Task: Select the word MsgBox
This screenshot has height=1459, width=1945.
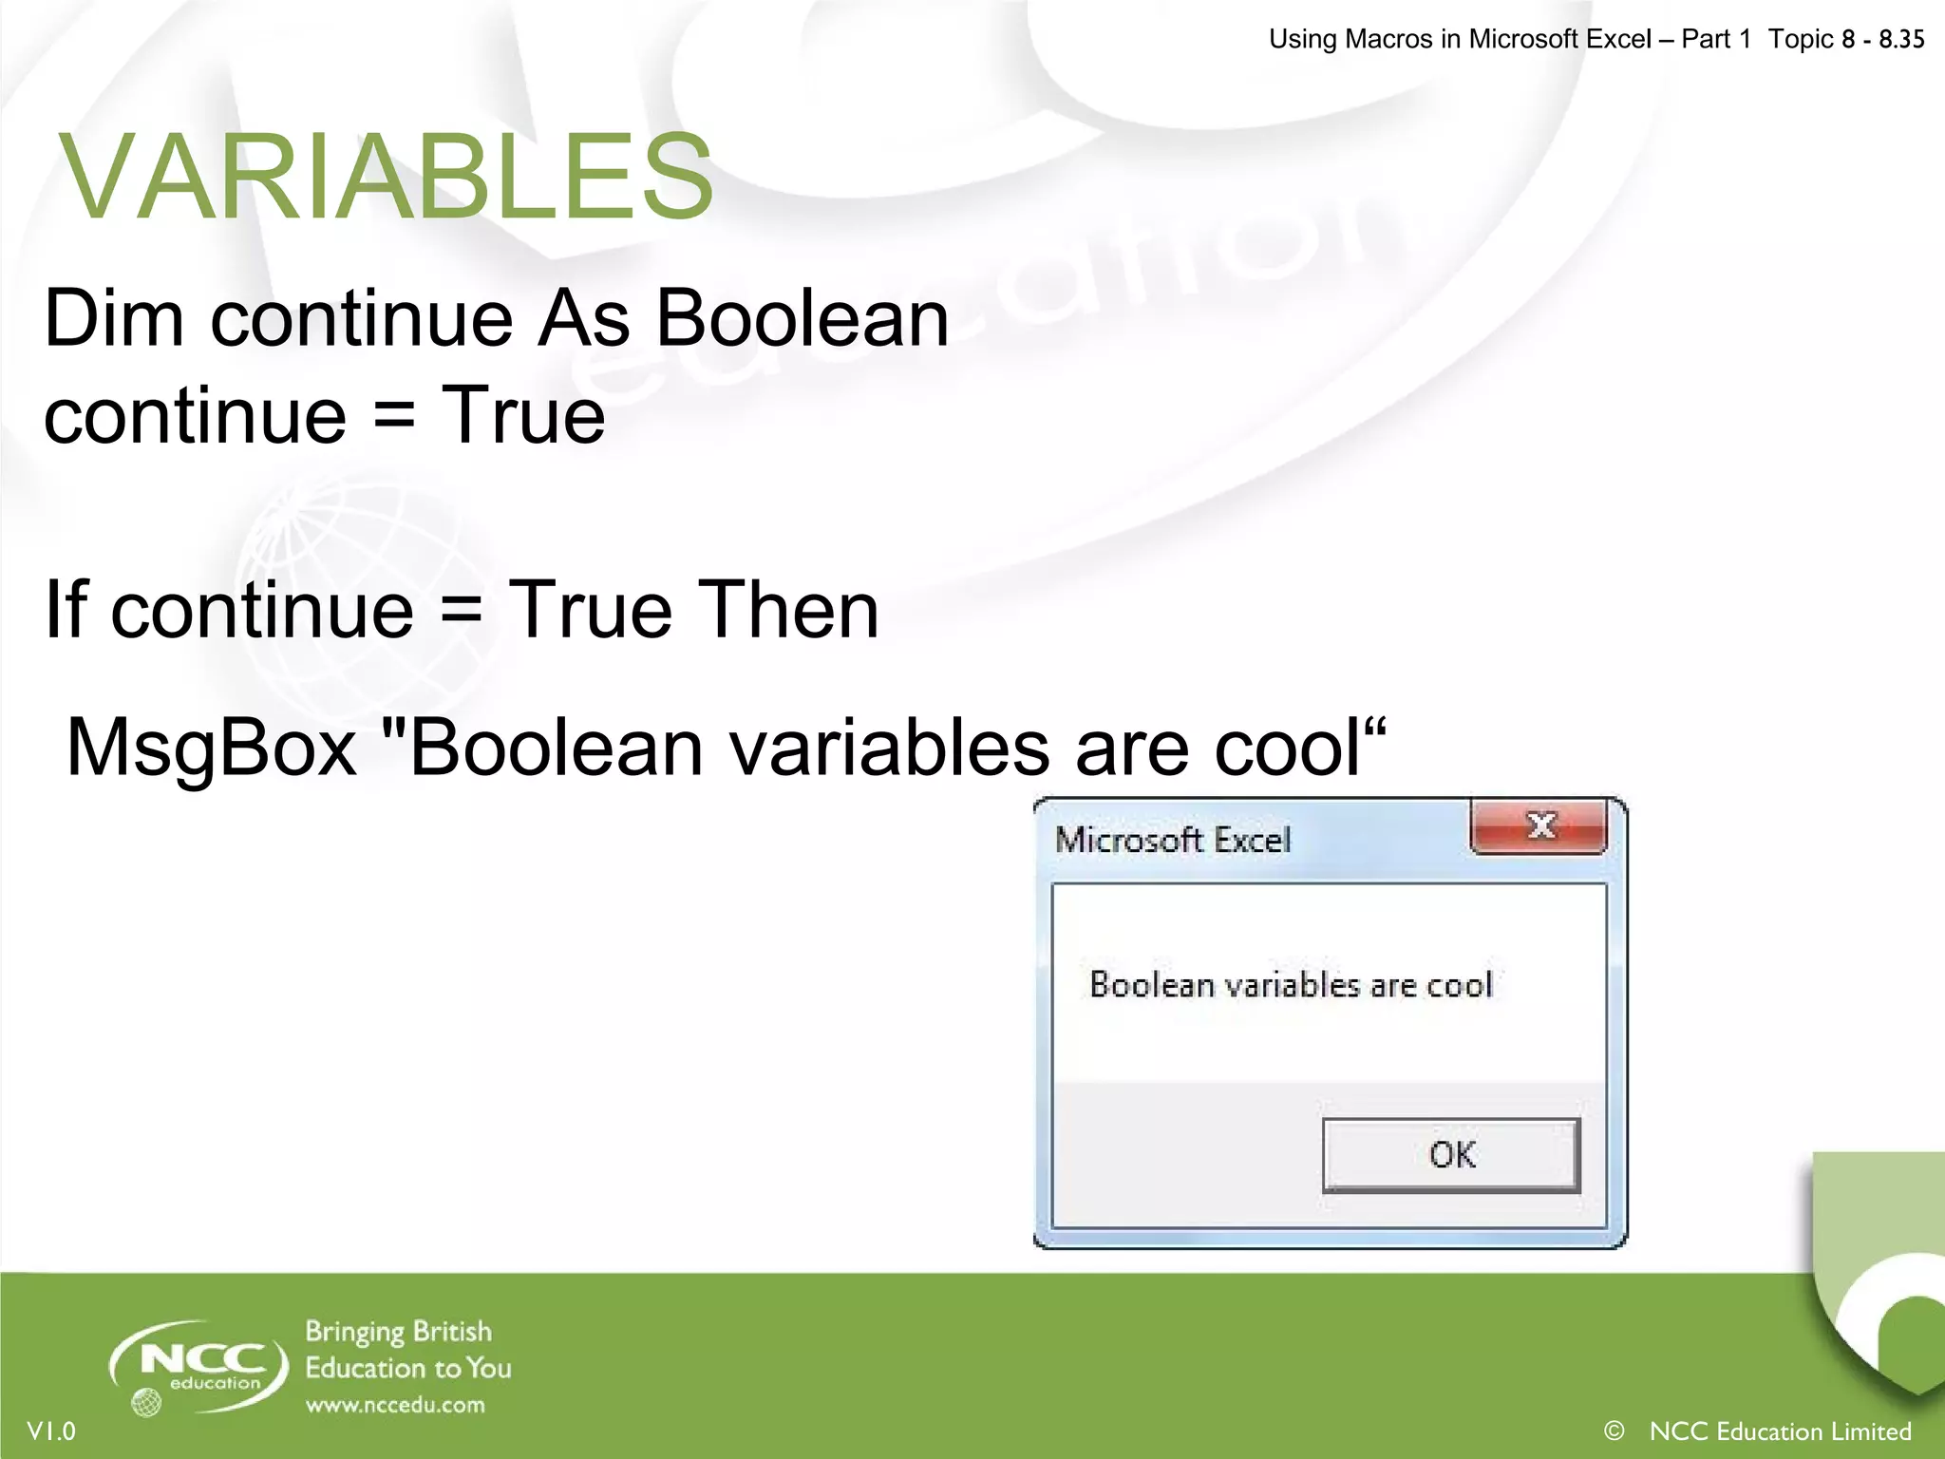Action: point(211,748)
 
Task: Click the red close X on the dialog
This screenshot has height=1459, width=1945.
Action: point(1539,825)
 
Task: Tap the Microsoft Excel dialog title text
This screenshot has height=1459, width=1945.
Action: point(1173,840)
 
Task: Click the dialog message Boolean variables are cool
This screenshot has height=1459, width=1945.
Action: point(1291,985)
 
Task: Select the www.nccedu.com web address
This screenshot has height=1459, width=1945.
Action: point(395,1405)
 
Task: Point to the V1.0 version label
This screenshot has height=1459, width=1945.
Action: point(51,1431)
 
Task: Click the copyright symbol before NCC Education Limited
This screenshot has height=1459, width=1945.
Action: point(1613,1430)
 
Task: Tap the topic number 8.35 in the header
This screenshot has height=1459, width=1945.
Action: point(1901,39)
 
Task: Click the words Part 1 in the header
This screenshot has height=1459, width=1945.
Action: point(1715,39)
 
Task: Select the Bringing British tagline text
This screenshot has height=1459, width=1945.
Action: point(398,1332)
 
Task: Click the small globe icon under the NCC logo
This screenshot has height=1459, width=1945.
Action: point(146,1402)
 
